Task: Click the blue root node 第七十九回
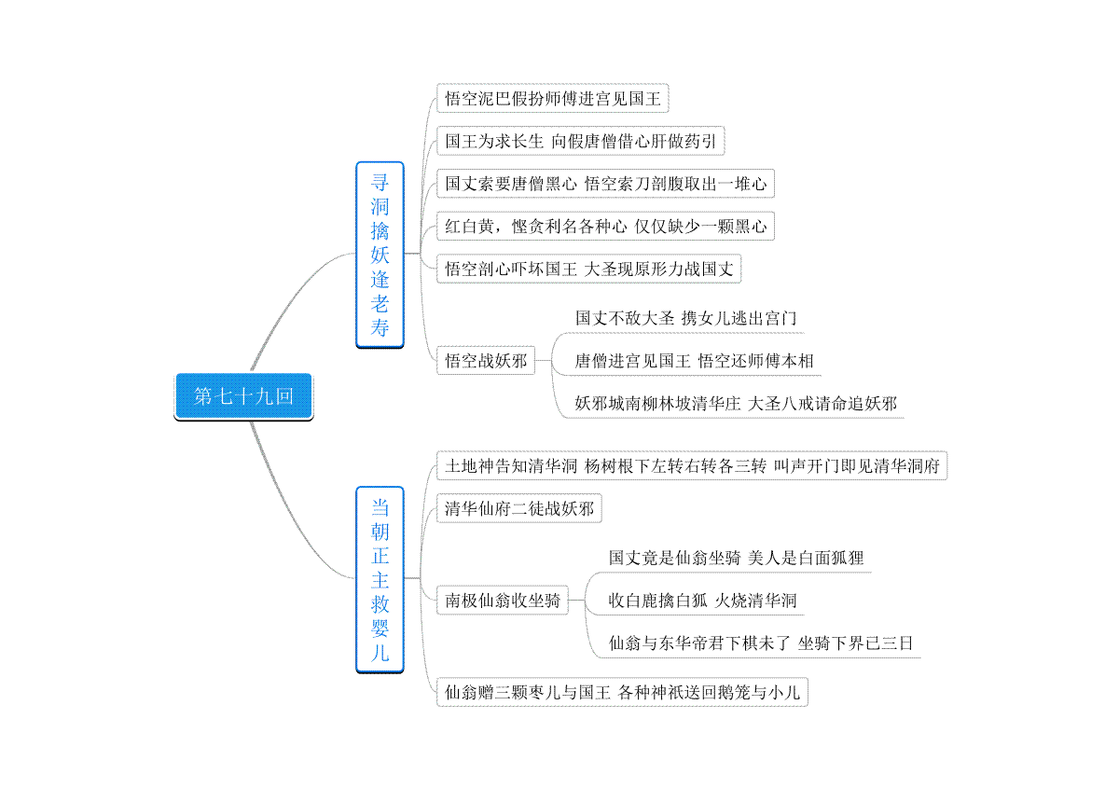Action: [243, 396]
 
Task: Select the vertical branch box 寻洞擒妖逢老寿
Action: [380, 255]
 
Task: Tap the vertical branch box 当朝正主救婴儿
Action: [380, 579]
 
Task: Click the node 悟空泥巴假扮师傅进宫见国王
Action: [552, 99]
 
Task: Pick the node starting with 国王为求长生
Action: [580, 141]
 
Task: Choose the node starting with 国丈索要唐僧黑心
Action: [605, 184]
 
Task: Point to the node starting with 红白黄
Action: [605, 226]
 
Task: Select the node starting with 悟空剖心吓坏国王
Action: [589, 269]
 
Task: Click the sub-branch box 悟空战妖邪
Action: [486, 360]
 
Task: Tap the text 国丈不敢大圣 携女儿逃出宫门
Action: [685, 318]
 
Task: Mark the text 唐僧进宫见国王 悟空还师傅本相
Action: [694, 361]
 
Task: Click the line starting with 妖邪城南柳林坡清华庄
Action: [736, 403]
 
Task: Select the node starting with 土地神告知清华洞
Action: [692, 465]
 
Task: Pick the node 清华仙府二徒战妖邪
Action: [519, 508]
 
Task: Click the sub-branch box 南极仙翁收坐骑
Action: [503, 601]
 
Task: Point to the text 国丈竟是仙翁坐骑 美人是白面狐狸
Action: [736, 558]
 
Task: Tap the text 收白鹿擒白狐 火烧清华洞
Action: [702, 601]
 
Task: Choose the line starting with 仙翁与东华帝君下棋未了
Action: [761, 643]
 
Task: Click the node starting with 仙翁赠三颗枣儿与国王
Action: [622, 692]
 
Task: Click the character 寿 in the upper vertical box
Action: [380, 328]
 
